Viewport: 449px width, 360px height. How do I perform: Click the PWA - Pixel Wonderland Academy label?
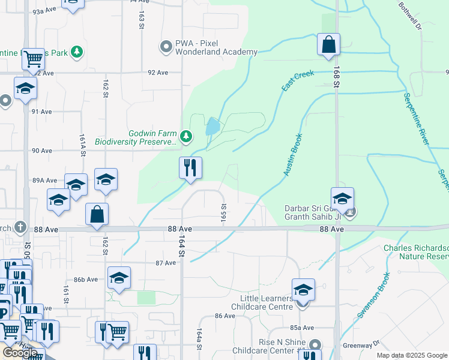pos(216,47)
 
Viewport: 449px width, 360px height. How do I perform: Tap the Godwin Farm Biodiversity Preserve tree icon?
pos(186,137)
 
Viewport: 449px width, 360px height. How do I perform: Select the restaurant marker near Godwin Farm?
pos(190,169)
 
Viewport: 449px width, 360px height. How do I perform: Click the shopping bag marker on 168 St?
pos(328,45)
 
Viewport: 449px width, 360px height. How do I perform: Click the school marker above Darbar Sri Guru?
pos(342,199)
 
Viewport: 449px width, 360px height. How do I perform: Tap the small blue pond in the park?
pos(212,127)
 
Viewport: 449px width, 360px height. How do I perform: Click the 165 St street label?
pos(223,213)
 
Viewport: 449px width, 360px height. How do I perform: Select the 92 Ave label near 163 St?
pos(158,73)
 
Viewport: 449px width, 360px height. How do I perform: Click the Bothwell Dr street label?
pos(411,16)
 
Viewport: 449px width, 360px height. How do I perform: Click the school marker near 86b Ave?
pos(119,278)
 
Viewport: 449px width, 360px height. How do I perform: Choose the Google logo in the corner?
pos(20,352)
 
